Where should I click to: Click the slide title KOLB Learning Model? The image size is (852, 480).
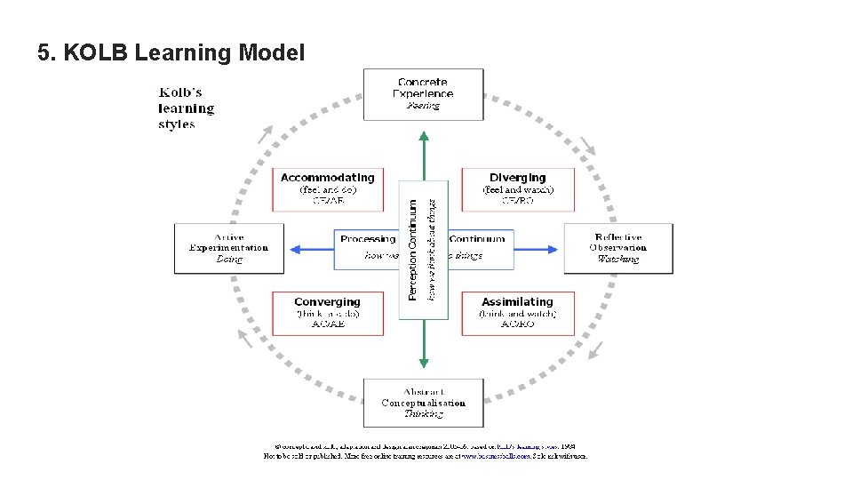[x=171, y=52]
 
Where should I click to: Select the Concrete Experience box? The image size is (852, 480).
[x=423, y=94]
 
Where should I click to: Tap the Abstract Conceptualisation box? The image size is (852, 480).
[x=423, y=402]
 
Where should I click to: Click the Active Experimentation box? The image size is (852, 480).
[x=228, y=248]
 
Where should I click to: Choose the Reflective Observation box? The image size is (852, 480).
[x=618, y=248]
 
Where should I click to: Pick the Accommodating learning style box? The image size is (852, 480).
[x=328, y=188]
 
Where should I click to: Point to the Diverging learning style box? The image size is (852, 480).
[x=518, y=188]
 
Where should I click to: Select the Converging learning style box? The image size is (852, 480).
[x=328, y=313]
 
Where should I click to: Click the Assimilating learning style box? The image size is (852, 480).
[x=518, y=313]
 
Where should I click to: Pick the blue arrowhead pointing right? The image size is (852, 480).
[x=551, y=249]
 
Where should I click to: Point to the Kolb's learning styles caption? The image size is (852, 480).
[x=187, y=108]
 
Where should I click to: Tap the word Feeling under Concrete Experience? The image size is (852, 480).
[x=423, y=106]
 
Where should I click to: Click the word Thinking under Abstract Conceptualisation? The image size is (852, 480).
[x=423, y=413]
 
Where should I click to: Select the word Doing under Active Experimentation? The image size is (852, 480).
[x=228, y=260]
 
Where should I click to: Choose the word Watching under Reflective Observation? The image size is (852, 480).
[x=618, y=260]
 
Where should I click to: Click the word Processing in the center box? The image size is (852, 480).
[x=367, y=239]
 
